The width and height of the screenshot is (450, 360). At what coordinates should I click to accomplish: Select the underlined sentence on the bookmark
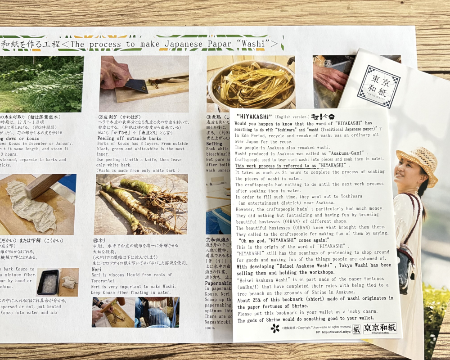[292, 165]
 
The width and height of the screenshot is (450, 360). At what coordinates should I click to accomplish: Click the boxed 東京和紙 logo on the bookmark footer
[380, 328]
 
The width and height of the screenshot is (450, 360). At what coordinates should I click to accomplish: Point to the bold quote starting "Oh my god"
[283, 240]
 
